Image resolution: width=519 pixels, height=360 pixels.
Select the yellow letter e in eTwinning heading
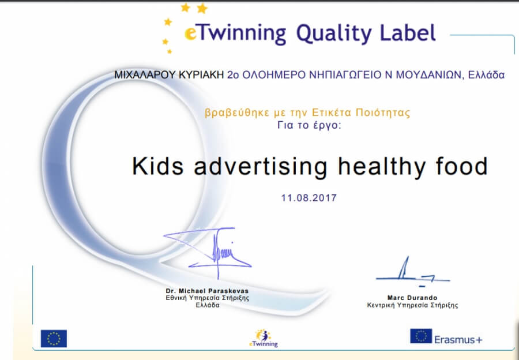point(191,34)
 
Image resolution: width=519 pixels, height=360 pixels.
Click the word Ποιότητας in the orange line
point(383,113)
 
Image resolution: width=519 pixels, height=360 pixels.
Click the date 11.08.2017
point(309,198)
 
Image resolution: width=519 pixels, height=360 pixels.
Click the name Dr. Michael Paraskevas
point(207,291)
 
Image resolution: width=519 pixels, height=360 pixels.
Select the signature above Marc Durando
point(413,272)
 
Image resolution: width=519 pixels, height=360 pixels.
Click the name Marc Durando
point(412,298)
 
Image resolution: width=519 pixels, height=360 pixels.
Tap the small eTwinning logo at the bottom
point(263,338)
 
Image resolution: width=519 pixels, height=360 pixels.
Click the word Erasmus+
point(458,339)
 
